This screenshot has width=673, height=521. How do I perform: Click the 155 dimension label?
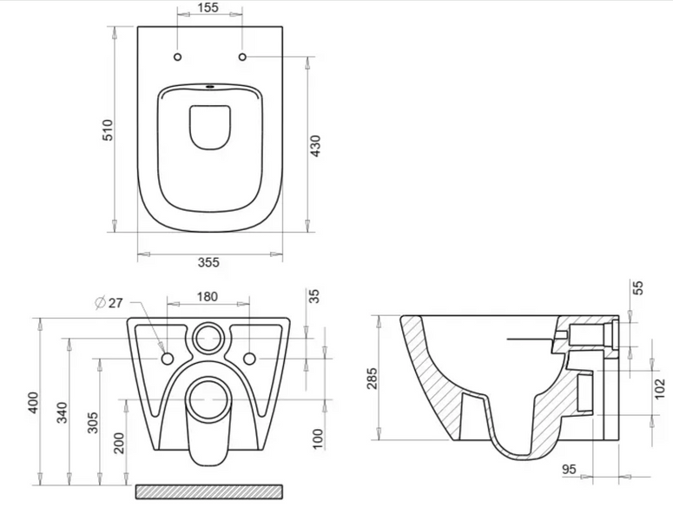(x=208, y=7)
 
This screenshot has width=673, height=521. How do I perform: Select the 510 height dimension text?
(x=108, y=130)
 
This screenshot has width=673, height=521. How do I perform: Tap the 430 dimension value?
(x=315, y=146)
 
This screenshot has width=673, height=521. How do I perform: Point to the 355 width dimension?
(x=208, y=261)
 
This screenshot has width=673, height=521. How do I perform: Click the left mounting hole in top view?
(x=178, y=56)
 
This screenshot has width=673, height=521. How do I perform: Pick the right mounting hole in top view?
(x=242, y=56)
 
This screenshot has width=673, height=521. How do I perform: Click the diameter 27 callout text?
(x=109, y=302)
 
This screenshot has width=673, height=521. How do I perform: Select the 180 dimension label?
(x=208, y=297)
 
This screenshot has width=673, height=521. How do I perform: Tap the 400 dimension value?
(x=34, y=403)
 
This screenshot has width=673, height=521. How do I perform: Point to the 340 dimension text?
(x=63, y=412)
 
